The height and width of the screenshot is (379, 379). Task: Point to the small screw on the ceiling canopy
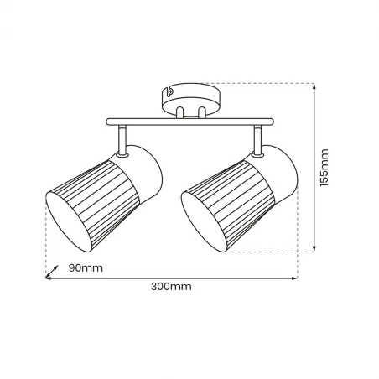(169, 92)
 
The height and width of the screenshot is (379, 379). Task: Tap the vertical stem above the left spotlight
(122, 139)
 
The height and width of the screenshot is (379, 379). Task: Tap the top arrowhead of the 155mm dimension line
(314, 85)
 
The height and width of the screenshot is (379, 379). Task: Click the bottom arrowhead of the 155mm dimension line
(314, 248)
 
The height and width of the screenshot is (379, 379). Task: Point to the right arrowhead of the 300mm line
(295, 278)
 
